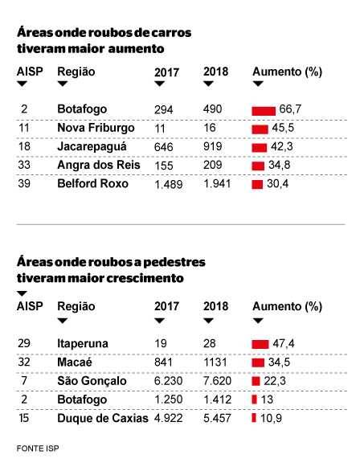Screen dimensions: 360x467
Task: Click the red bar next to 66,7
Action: tap(264, 111)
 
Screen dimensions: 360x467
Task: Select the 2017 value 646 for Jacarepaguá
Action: tap(163, 147)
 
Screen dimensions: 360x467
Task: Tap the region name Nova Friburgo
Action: tap(96, 128)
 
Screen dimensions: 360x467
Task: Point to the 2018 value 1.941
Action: tap(217, 184)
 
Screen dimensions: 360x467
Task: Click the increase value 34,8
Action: tap(280, 165)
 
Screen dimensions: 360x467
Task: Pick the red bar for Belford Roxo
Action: tap(257, 185)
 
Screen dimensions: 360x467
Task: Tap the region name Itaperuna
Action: tap(83, 343)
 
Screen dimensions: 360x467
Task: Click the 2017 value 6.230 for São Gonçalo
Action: tap(168, 381)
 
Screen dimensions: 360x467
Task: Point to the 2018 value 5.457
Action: tap(217, 418)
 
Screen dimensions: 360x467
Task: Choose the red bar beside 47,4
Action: tap(260, 344)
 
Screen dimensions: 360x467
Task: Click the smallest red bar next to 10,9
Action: tap(254, 418)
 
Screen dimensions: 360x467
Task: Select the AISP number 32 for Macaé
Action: tap(24, 363)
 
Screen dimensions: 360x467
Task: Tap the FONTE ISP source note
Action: tap(38, 449)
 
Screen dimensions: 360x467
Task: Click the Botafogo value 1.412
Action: tap(217, 399)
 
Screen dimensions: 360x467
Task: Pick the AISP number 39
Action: tap(24, 183)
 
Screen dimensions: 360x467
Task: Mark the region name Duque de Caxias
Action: tap(103, 418)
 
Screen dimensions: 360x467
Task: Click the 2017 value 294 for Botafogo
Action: tap(163, 109)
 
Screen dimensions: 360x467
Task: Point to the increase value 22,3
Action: tap(275, 381)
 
